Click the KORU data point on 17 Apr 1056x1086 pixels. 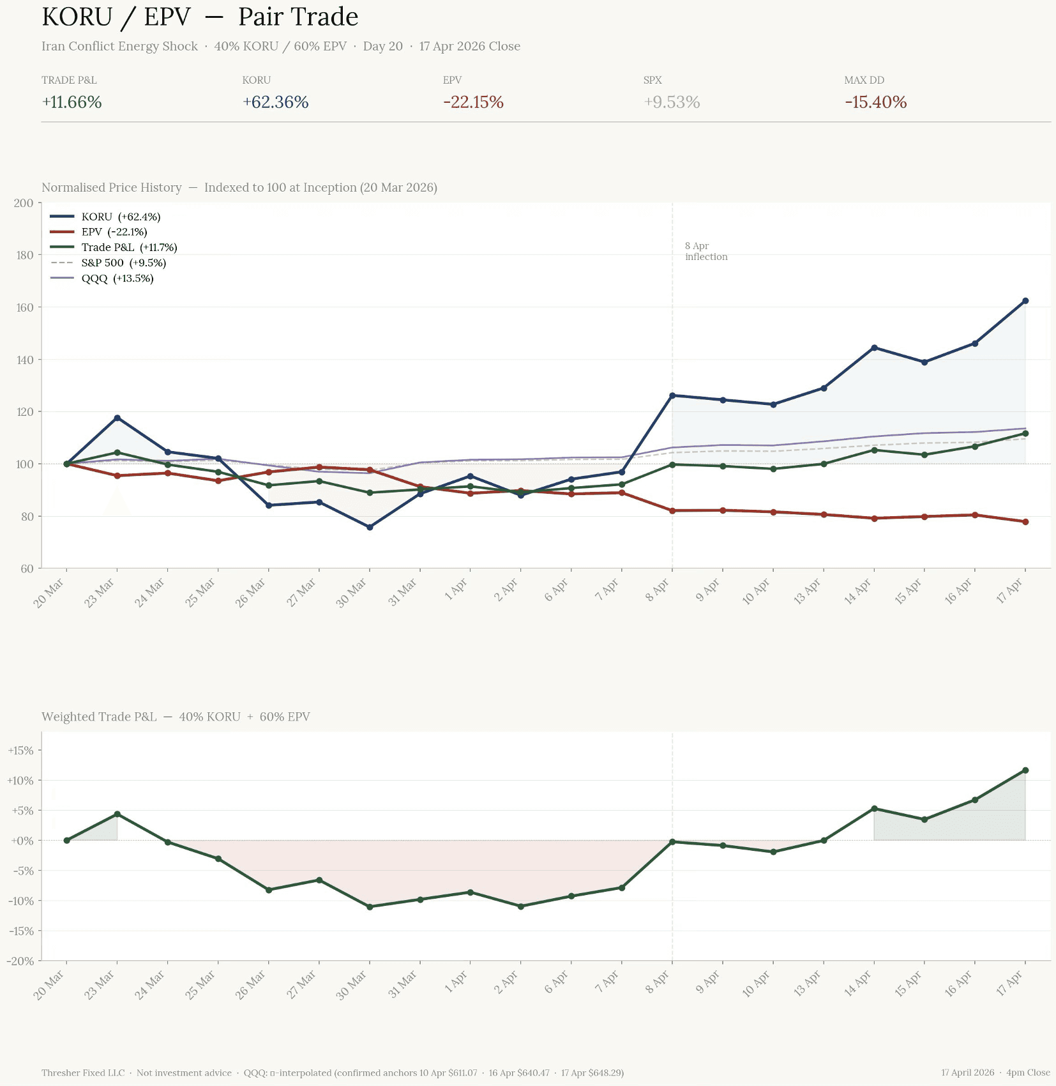(x=1025, y=301)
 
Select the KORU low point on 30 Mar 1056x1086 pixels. (x=370, y=527)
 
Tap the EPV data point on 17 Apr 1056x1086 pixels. (x=1025, y=522)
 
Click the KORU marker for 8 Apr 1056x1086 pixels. (x=672, y=395)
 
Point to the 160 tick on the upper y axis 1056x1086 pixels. (x=25, y=307)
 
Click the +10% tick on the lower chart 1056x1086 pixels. (x=20, y=781)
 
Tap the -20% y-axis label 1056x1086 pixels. (x=20, y=961)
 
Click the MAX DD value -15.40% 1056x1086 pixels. (x=875, y=102)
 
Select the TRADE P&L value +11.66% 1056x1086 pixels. (x=72, y=102)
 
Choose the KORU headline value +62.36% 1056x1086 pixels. (x=276, y=102)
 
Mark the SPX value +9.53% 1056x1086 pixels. (x=672, y=102)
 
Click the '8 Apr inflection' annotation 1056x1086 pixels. (x=705, y=252)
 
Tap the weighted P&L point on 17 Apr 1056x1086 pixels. (x=1025, y=770)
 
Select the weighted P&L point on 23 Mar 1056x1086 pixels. (x=117, y=814)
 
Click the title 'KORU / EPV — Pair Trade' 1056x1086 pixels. (x=200, y=17)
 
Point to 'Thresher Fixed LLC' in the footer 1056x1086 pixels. (x=83, y=1073)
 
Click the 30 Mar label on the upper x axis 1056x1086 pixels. (x=352, y=593)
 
